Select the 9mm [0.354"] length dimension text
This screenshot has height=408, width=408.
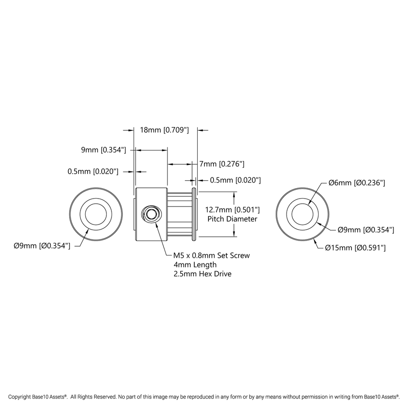click(104, 150)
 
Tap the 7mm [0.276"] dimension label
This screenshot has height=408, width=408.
click(221, 164)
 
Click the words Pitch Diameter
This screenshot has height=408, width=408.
click(232, 219)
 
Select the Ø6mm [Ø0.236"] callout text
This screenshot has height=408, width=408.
click(357, 183)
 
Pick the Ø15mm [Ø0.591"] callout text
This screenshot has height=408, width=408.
click(355, 248)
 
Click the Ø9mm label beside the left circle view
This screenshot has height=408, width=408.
click(42, 245)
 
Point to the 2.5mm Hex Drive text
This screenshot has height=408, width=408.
click(203, 273)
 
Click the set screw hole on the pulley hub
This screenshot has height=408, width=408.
click(151, 214)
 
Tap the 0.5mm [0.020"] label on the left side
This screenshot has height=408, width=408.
click(93, 171)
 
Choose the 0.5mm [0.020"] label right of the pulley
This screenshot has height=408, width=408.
click(235, 180)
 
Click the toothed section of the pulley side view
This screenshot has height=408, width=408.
click(180, 214)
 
